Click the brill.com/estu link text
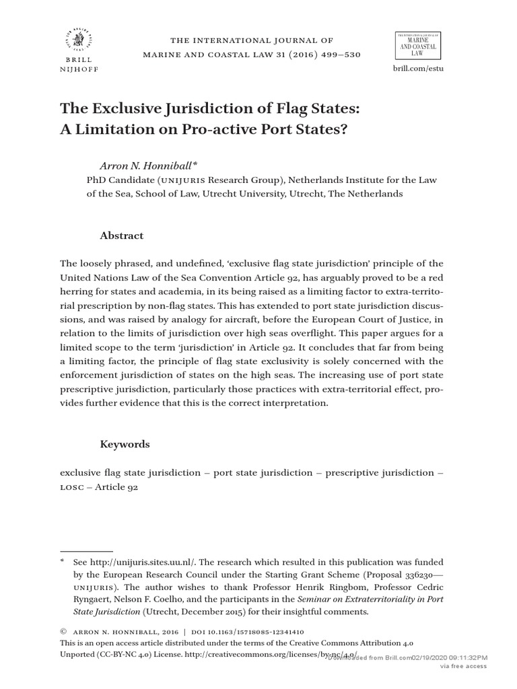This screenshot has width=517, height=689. click(x=417, y=69)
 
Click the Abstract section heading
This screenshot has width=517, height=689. click(x=122, y=235)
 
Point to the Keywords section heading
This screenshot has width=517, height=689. click(x=125, y=444)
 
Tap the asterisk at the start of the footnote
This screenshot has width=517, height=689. click(x=62, y=561)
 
